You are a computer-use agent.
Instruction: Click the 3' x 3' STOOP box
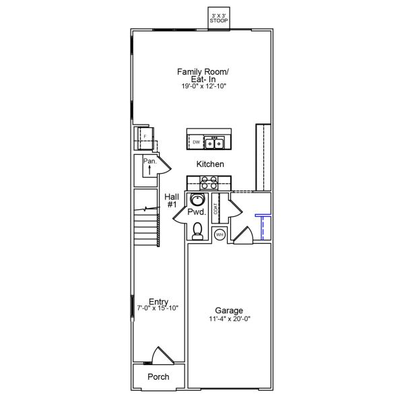tap(219, 19)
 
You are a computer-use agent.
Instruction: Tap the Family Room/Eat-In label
tap(202, 75)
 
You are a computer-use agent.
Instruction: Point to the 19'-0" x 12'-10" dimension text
tap(203, 86)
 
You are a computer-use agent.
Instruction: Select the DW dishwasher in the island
tap(196, 143)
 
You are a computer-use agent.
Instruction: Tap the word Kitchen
tap(210, 164)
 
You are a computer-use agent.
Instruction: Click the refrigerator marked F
tap(142, 136)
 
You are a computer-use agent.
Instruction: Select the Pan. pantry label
tap(149, 162)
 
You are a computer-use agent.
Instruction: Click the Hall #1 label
tap(171, 200)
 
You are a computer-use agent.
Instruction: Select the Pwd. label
tap(197, 212)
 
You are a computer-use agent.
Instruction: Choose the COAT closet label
tap(215, 209)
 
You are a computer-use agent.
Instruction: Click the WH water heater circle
tap(219, 235)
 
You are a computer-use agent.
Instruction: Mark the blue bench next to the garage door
tap(261, 226)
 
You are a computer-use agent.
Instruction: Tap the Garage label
tap(228, 310)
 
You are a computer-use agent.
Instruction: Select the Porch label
tap(158, 377)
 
